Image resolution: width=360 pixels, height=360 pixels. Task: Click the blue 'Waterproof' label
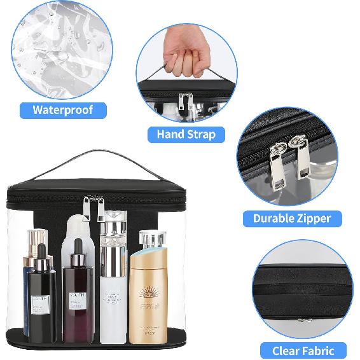tap(62, 110)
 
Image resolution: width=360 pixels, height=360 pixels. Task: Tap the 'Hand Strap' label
tap(186, 134)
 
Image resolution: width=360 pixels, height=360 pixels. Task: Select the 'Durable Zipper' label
tap(292, 219)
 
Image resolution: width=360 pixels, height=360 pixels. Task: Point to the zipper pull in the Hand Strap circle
tap(185, 106)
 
